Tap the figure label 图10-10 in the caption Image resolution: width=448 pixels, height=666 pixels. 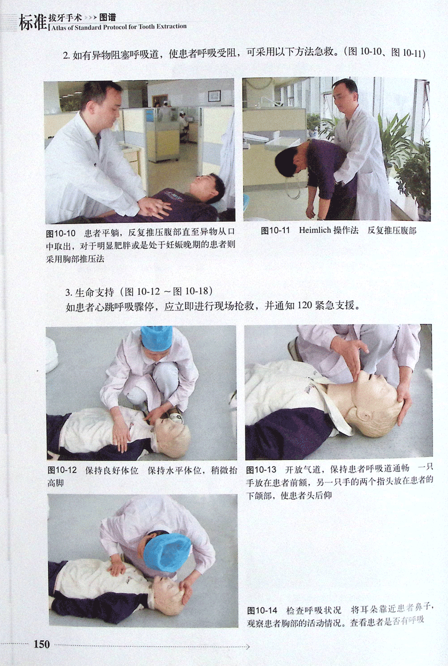61,234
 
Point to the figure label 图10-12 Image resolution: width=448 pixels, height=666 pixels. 62,470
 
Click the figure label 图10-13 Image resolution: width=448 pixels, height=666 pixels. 261,470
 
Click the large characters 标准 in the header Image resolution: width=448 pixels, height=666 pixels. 33,23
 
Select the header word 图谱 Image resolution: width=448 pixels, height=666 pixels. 107,18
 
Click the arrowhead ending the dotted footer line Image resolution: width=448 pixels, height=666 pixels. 247,644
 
